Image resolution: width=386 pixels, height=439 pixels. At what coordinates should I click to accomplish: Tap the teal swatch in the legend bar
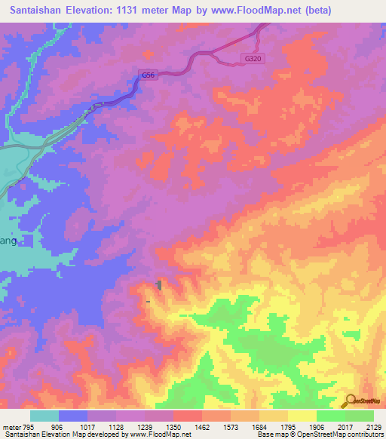point(44,416)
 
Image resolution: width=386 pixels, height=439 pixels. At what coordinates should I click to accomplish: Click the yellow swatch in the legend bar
point(302,416)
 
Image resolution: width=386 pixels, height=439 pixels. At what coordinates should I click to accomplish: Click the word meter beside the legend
point(11,427)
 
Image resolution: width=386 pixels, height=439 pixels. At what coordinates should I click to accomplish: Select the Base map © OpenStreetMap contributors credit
point(320,434)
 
